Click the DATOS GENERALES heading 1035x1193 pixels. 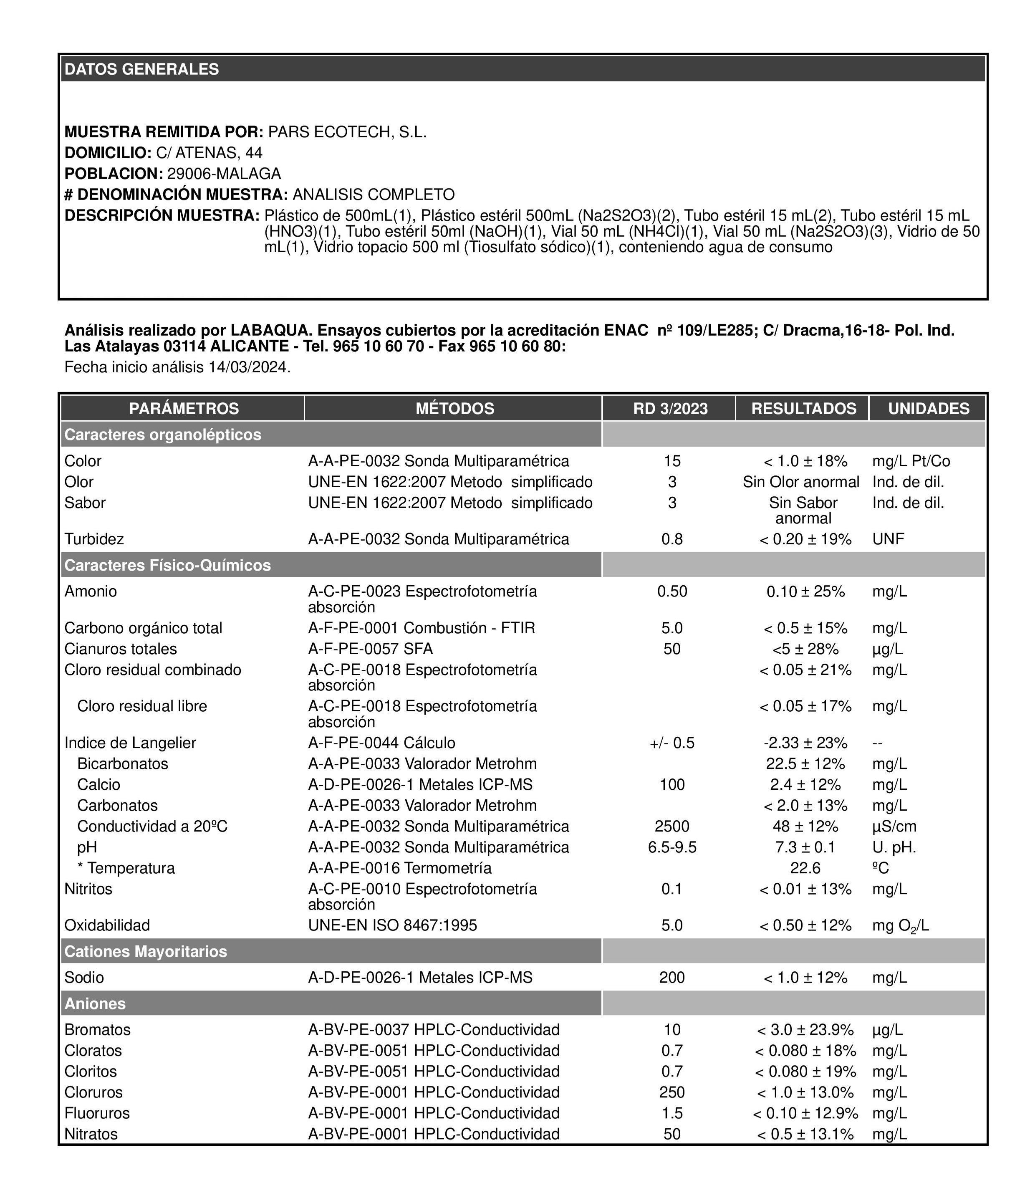141,69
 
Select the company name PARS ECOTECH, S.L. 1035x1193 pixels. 347,132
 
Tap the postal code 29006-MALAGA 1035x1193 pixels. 224,174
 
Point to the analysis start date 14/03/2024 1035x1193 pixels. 249,367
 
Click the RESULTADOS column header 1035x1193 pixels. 803,409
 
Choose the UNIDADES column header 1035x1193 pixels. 928,409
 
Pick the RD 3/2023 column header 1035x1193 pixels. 670,409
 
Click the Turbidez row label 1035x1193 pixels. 94,539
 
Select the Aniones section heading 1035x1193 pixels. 95,1003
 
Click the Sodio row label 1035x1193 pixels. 84,978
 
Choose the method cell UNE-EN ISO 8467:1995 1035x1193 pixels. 393,925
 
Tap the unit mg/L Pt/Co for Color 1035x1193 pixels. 911,461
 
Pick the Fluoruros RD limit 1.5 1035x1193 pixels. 672,1113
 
